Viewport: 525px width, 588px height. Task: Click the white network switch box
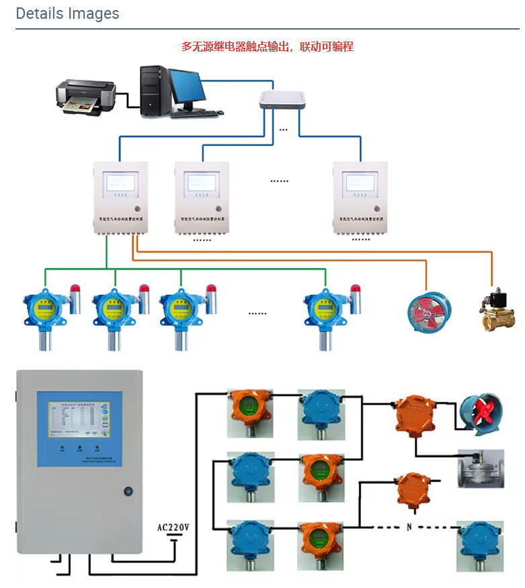click(282, 100)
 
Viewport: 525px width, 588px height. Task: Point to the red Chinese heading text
click(267, 47)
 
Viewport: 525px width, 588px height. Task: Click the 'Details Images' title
click(67, 13)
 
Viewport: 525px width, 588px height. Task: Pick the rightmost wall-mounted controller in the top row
click(360, 197)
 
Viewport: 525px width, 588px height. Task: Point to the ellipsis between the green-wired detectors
click(257, 313)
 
